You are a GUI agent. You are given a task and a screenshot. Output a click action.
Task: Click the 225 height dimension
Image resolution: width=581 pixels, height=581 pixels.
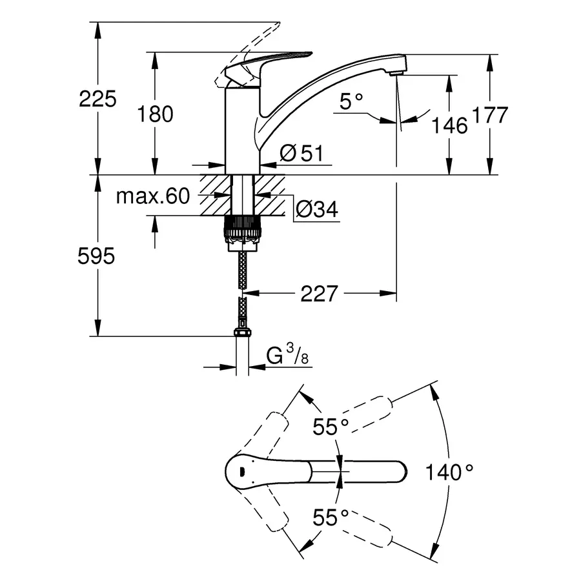click(97, 99)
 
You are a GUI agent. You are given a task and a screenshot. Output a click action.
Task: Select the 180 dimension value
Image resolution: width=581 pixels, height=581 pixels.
click(156, 114)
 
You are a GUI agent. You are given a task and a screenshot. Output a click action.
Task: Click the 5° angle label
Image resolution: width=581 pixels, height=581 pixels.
click(351, 101)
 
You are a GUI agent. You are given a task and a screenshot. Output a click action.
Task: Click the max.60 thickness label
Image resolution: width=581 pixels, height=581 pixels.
click(153, 196)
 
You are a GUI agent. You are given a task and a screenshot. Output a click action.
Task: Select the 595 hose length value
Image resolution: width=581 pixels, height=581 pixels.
click(96, 256)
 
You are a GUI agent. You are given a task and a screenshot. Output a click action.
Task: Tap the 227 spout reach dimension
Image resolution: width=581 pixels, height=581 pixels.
click(320, 294)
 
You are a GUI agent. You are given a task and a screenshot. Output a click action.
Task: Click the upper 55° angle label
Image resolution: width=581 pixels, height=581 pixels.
click(331, 426)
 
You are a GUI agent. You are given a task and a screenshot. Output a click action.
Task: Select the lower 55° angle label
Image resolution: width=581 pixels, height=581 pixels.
click(331, 516)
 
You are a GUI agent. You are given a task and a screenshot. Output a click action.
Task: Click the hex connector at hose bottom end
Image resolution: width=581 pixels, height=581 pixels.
click(241, 333)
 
